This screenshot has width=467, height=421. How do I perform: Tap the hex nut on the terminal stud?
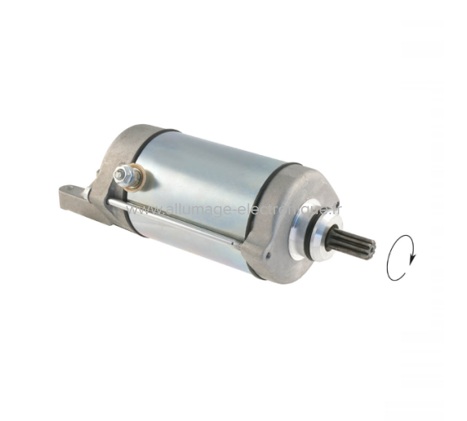(x=124, y=175)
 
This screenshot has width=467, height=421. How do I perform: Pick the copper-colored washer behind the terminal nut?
(x=133, y=177)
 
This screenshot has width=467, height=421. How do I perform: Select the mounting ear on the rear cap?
(x=71, y=198)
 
